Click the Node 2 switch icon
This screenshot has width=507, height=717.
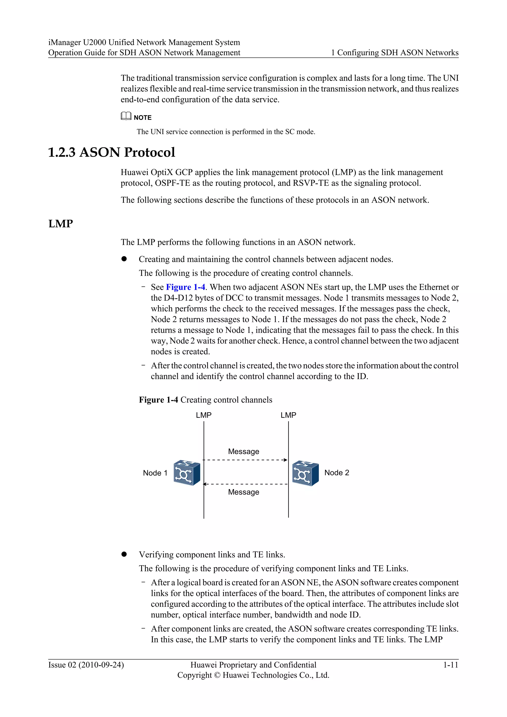[x=305, y=473]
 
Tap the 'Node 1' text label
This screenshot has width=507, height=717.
[x=155, y=473]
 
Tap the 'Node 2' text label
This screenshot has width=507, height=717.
[x=336, y=472]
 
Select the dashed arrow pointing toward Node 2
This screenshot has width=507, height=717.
[x=245, y=460]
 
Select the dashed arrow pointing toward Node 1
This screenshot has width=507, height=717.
[x=245, y=484]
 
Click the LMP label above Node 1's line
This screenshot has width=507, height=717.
[x=203, y=415]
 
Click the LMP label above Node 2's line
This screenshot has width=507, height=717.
[x=288, y=415]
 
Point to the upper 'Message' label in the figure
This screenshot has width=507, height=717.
[x=244, y=451]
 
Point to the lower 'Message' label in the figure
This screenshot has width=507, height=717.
[x=244, y=492]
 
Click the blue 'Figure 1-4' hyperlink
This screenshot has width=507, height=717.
[x=185, y=287]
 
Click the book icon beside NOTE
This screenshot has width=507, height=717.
[x=126, y=116]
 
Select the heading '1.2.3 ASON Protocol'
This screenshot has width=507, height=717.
[x=111, y=153]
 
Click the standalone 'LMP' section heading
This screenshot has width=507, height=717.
[x=61, y=224]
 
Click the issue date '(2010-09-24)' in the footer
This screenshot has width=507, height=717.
[x=101, y=665]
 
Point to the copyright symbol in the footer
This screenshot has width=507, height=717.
[x=217, y=675]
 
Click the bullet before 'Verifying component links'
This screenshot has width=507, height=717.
[x=124, y=554]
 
